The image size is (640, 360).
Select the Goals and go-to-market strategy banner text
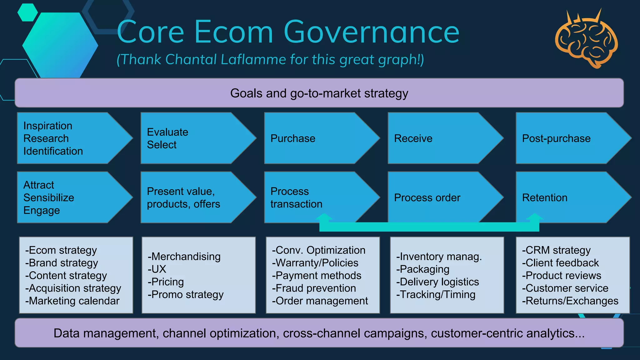click(319, 93)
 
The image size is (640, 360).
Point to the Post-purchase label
click(556, 138)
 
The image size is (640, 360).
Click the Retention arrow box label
click(545, 197)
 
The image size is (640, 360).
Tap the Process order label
click(427, 197)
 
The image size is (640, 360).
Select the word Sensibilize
click(49, 197)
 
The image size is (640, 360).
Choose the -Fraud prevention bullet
click(314, 288)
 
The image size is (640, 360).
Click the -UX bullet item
click(157, 269)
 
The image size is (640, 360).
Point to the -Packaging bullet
click(422, 269)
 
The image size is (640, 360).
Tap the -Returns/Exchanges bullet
click(570, 301)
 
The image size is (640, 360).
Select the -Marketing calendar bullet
click(72, 301)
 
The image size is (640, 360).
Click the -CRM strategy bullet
click(556, 250)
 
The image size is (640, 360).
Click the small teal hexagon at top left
click(27, 12)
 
